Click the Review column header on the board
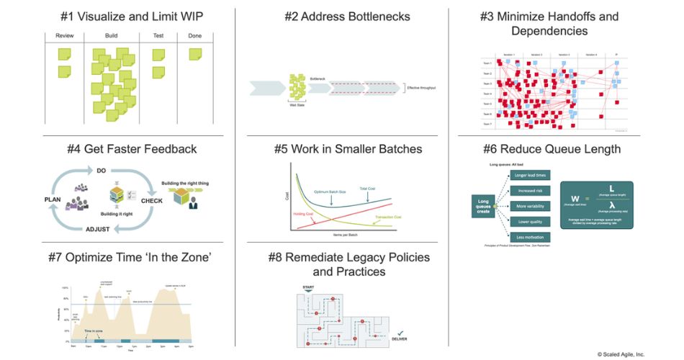65,35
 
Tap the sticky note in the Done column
195,54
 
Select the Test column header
158,35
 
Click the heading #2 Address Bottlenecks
344,16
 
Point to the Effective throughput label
421,88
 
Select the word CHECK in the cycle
151,201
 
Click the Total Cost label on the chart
368,189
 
